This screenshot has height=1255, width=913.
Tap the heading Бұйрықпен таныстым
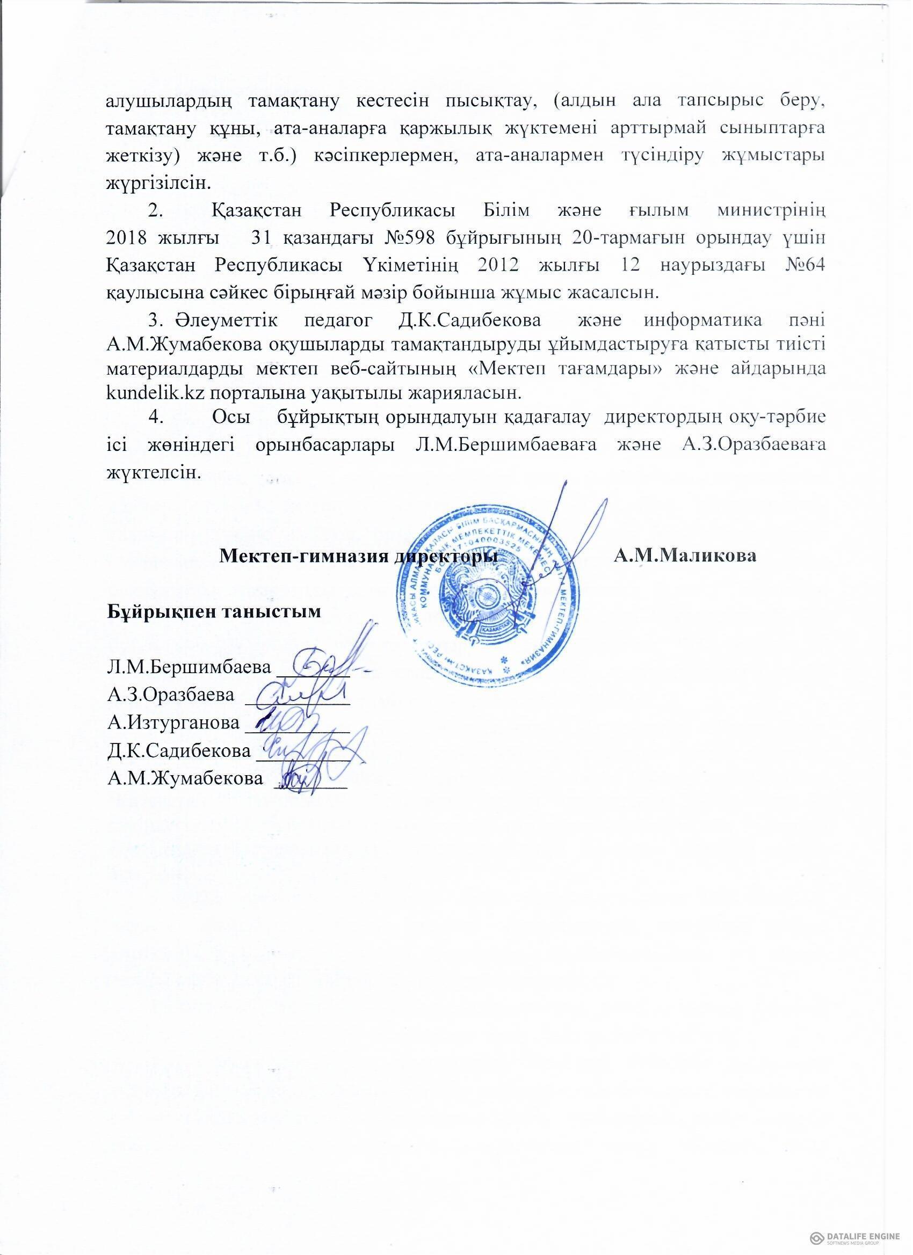coord(214,612)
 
